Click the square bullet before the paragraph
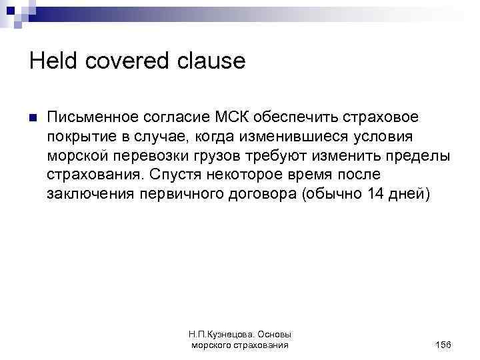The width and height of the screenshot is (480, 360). pos(31,119)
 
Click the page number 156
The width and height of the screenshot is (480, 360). pos(442,345)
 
